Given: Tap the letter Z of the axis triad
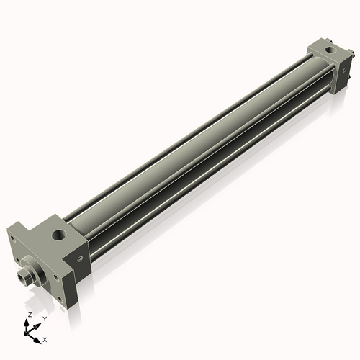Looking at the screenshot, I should click(29, 315).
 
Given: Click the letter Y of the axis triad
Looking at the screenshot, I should click(45, 318).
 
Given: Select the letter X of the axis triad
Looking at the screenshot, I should click(45, 338).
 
